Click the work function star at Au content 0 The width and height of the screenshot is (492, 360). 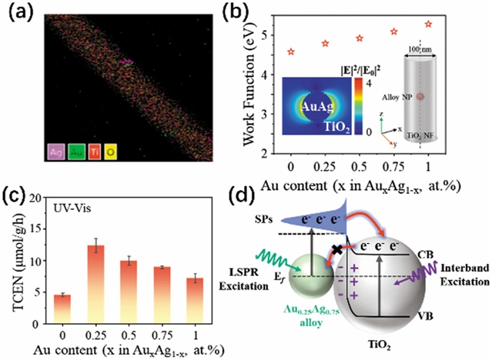pyautogui.click(x=290, y=52)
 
